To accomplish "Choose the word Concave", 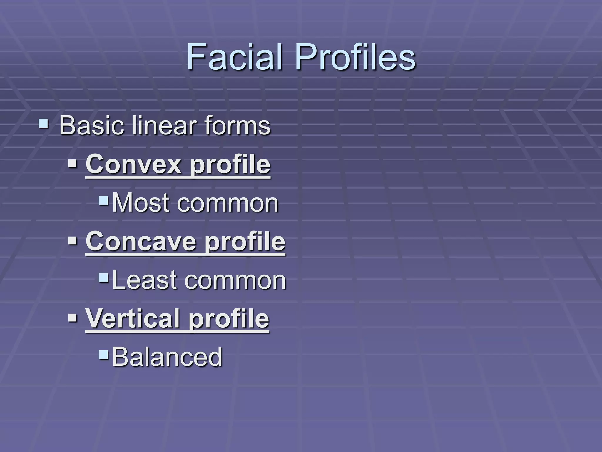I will click(x=141, y=241).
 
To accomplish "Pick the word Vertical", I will click(x=133, y=318).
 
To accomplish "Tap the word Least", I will click(x=144, y=280).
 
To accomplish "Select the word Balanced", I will click(x=167, y=357).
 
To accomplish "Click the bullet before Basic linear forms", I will click(x=44, y=123).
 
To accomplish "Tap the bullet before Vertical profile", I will click(x=72, y=317).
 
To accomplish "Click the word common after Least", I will click(x=235, y=280).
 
